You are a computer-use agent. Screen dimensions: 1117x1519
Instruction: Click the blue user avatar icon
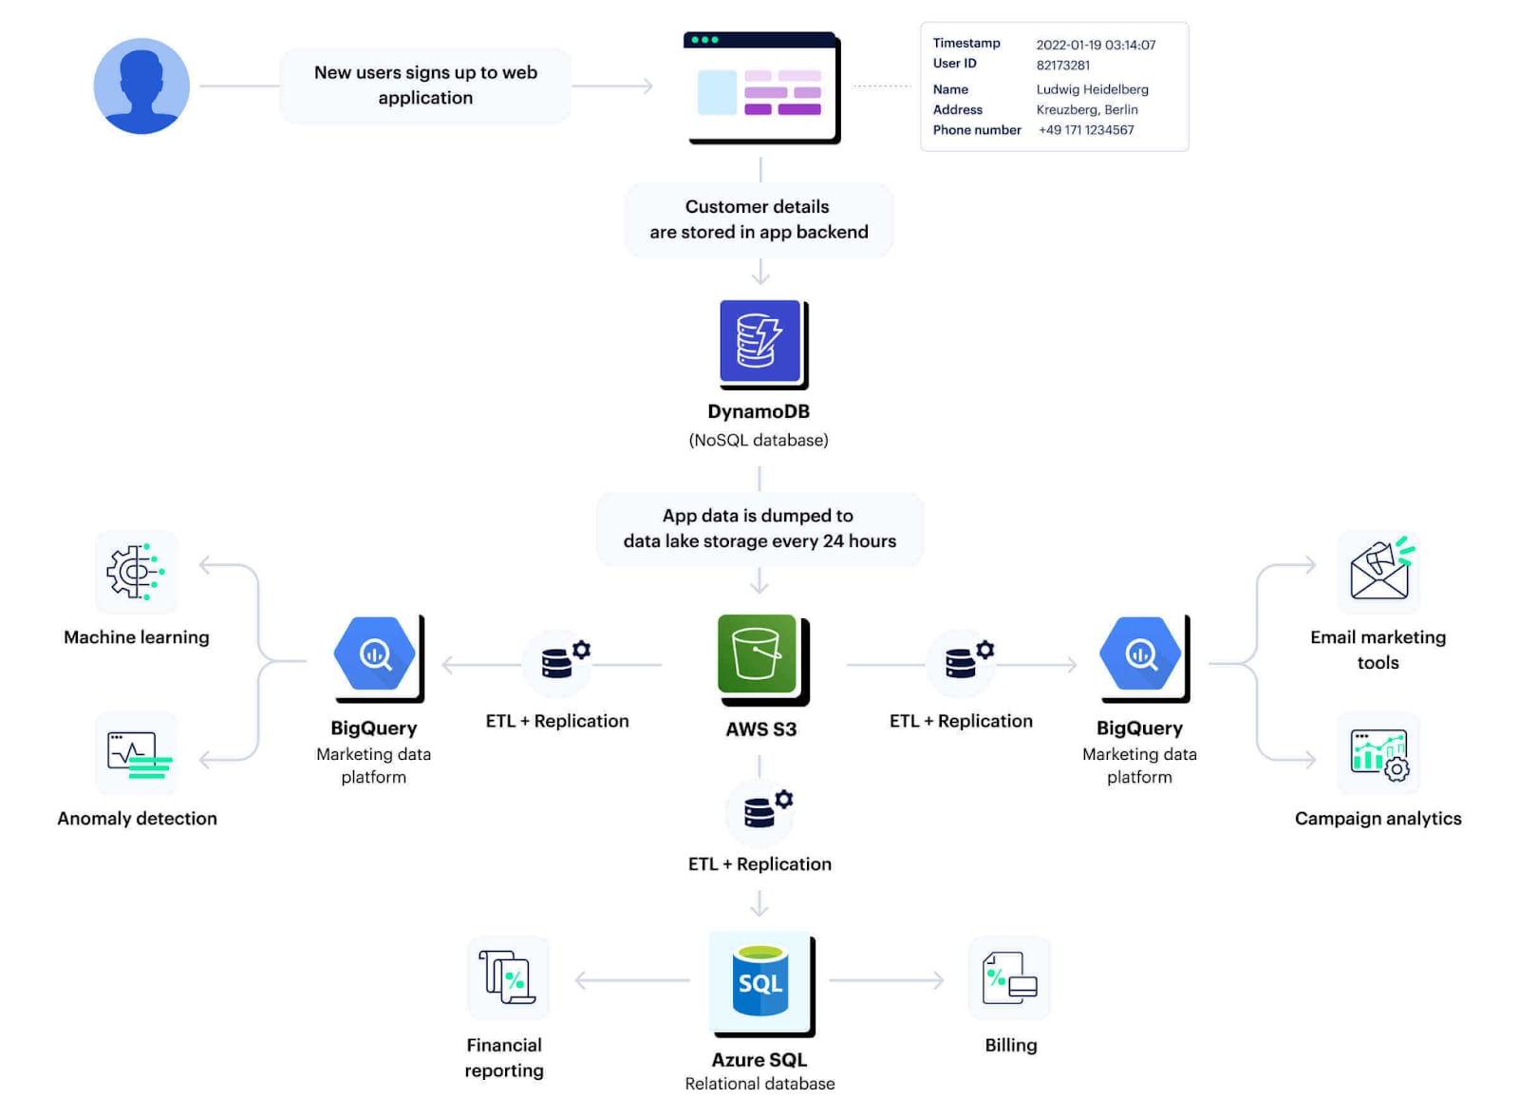tap(141, 86)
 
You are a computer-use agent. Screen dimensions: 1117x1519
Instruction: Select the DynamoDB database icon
tap(760, 342)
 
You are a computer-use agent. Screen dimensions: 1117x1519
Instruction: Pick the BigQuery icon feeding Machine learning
tap(375, 654)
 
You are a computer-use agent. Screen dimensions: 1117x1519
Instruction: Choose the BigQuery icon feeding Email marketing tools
tap(1140, 654)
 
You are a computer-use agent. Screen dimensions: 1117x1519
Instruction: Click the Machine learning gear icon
tap(136, 572)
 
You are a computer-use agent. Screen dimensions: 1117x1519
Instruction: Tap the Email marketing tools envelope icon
tap(1379, 570)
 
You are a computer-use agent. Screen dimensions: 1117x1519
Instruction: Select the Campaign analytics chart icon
tap(1379, 754)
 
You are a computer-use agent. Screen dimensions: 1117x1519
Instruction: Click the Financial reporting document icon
tap(507, 977)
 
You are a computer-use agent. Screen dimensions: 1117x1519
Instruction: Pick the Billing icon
tap(1009, 978)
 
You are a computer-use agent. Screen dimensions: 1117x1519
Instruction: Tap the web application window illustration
tap(760, 87)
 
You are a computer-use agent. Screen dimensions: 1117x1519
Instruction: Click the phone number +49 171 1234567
tap(1086, 130)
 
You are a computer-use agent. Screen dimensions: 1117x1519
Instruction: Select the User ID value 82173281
tap(1062, 66)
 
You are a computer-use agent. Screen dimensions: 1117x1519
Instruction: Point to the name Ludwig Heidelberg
tap(1092, 89)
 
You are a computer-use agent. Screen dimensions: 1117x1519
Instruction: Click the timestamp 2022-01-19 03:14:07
tap(1096, 45)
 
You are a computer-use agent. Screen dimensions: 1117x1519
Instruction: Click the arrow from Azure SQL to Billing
tap(887, 980)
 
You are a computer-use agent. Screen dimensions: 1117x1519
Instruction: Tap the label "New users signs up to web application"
tap(425, 85)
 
